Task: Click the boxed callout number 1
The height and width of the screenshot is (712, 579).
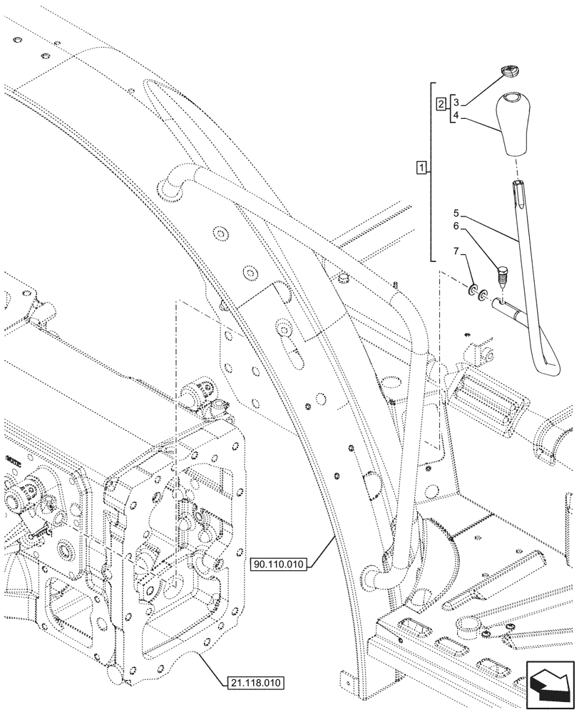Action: (x=422, y=169)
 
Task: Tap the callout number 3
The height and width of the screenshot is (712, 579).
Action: (x=457, y=104)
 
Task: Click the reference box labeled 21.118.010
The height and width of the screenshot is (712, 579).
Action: (x=257, y=682)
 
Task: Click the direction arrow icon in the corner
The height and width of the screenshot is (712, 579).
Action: (x=548, y=684)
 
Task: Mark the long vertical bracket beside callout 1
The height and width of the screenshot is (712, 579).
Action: (x=432, y=171)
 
